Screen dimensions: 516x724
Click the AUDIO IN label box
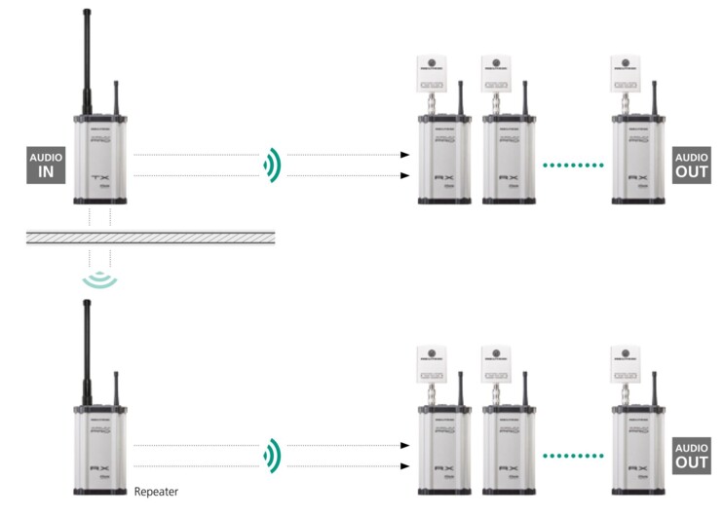[x=46, y=166]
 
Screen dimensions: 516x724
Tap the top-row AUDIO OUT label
[x=690, y=166]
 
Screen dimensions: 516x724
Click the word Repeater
[x=156, y=492]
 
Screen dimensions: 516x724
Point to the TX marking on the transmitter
[x=100, y=178]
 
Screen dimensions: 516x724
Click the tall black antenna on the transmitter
[x=86, y=58]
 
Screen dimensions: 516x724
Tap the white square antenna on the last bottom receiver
[x=625, y=361]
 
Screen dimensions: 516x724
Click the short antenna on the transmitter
[x=115, y=97]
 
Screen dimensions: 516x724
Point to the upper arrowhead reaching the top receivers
[x=404, y=155]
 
